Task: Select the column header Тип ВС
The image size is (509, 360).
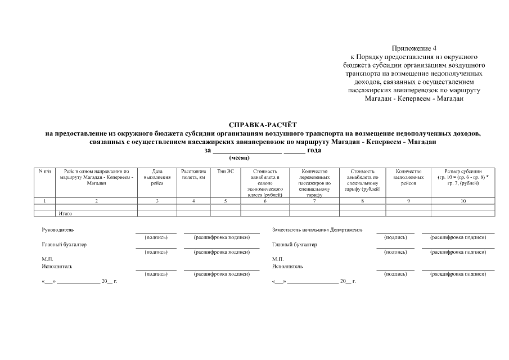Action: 225,171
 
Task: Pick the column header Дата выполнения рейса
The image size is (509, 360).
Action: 157,177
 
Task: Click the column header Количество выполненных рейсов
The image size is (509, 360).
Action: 408,177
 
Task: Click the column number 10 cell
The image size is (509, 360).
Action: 463,201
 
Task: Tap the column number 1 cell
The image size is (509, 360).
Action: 44,201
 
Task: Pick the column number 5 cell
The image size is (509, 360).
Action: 225,201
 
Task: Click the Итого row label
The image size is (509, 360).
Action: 65,214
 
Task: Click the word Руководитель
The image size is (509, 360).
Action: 58,230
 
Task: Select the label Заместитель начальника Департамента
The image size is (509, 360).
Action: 317,230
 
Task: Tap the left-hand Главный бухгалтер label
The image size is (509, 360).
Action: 64,245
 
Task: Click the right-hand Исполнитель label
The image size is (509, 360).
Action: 287,266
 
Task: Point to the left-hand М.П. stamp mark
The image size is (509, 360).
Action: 47,259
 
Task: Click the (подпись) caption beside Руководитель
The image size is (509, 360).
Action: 156,237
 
